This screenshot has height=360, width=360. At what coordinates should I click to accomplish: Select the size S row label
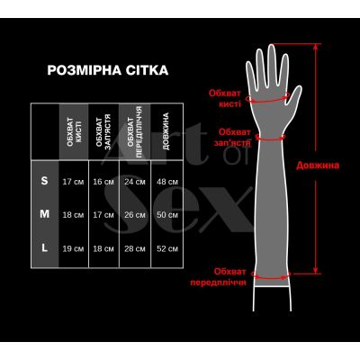tap(45, 181)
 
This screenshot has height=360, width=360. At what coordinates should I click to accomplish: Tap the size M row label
tap(45, 214)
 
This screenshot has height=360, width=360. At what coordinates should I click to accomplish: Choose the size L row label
tap(45, 247)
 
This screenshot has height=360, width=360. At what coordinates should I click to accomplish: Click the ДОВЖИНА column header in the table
tap(165, 131)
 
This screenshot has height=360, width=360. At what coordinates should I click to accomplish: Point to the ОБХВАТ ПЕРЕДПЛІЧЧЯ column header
tap(134, 131)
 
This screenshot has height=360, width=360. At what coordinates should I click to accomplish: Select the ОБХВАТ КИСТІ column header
tap(73, 131)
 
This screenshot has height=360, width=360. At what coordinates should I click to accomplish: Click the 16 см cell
tap(103, 182)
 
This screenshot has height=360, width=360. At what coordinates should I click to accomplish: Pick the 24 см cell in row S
tap(134, 182)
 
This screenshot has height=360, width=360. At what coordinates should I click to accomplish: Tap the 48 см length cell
tap(166, 182)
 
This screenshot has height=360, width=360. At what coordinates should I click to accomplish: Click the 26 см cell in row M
tap(134, 215)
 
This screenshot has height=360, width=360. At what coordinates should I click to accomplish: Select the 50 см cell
tap(166, 215)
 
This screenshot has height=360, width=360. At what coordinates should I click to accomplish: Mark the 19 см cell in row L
tap(73, 248)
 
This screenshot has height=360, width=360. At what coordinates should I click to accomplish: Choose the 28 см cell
tap(134, 248)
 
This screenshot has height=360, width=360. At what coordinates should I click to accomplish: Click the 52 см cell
tap(166, 248)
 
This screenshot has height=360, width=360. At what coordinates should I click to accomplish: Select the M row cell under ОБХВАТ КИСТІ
tap(73, 215)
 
